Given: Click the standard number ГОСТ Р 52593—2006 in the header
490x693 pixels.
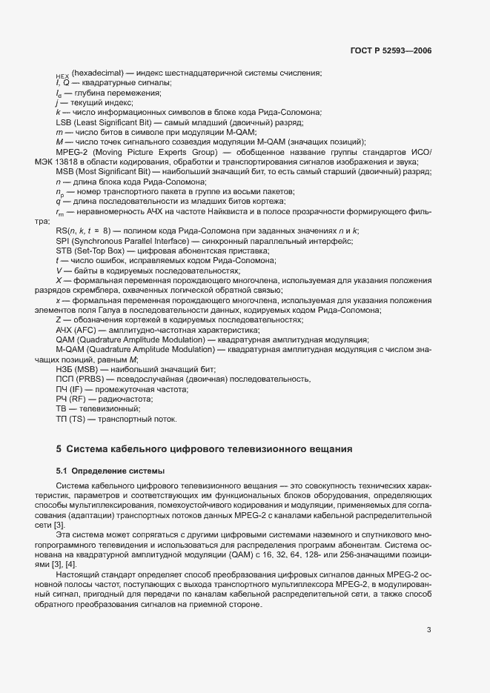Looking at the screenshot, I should pyautogui.click(x=391, y=51).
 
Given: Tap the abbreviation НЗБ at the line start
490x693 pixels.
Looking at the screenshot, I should pyautogui.click(x=64, y=368).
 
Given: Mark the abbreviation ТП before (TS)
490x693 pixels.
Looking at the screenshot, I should pyautogui.click(x=62, y=419).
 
